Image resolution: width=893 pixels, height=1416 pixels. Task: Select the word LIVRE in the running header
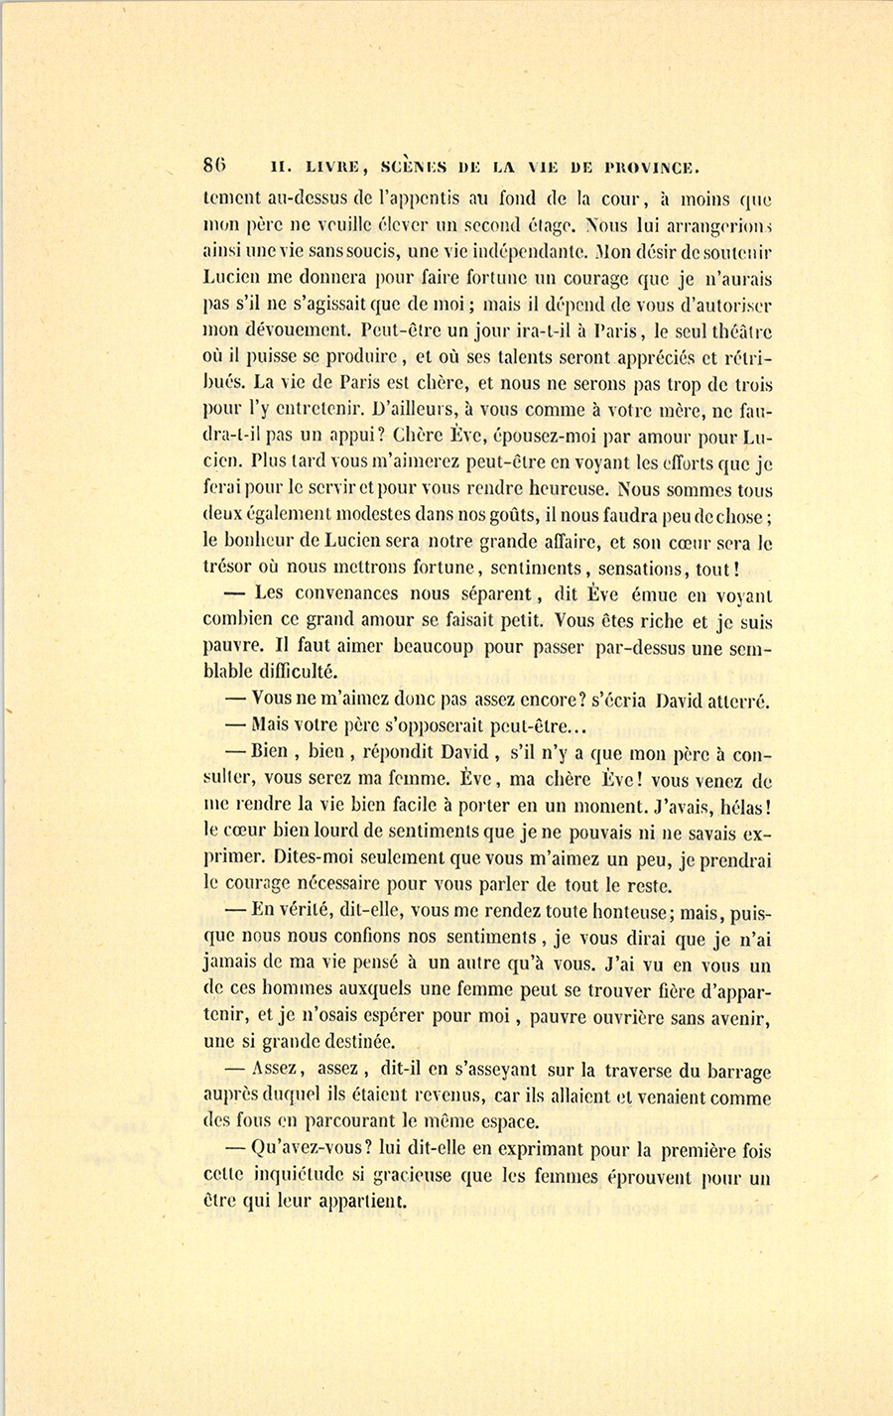point(314,167)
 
